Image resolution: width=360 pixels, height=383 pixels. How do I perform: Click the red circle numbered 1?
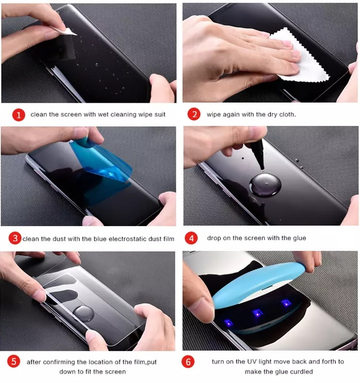[19, 115]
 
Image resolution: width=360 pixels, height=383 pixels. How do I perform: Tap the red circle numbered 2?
[194, 114]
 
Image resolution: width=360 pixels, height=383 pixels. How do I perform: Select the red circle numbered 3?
[15, 238]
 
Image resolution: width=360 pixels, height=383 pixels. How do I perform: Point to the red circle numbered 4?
[191, 238]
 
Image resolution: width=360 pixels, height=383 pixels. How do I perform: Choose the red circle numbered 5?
[14, 361]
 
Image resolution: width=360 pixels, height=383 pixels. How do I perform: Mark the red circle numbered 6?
[188, 362]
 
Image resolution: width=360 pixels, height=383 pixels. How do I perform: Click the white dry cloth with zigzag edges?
[300, 58]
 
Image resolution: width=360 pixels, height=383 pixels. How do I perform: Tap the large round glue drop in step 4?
[265, 185]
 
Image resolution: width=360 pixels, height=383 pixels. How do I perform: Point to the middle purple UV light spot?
[257, 313]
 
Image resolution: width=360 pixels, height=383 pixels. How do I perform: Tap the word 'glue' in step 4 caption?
[299, 238]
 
